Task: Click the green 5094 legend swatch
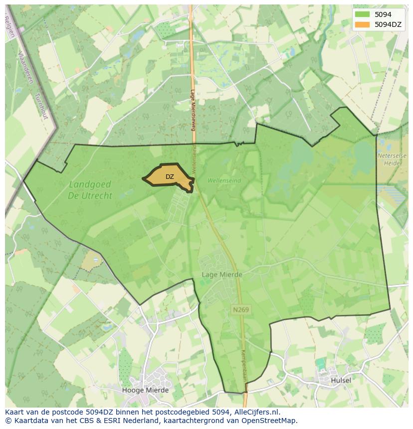click(363, 14)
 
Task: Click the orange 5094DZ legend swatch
click(363, 24)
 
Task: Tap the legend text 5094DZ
click(388, 24)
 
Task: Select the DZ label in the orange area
click(170, 177)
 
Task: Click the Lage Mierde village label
click(222, 275)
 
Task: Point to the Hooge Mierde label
click(145, 390)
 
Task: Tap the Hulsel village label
click(341, 380)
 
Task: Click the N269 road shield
click(241, 310)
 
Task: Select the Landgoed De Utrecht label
click(90, 190)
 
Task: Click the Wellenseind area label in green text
click(224, 180)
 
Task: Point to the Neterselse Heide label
click(392, 159)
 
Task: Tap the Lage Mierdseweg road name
click(193, 110)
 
